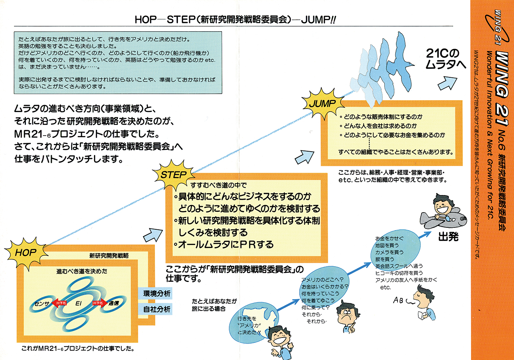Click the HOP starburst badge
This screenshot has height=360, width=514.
26,252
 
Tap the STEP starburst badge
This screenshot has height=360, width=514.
173,175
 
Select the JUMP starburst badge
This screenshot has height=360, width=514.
322,103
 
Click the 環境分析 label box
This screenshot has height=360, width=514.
156,293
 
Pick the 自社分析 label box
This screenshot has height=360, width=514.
156,309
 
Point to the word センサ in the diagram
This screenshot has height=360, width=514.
42,304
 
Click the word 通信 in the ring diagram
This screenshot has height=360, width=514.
113,304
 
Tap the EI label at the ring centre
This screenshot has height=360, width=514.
78,304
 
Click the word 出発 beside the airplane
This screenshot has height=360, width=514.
448,237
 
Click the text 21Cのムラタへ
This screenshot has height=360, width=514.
445,59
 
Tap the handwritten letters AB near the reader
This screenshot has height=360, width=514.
398,301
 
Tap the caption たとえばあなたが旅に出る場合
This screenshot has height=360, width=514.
214,305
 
